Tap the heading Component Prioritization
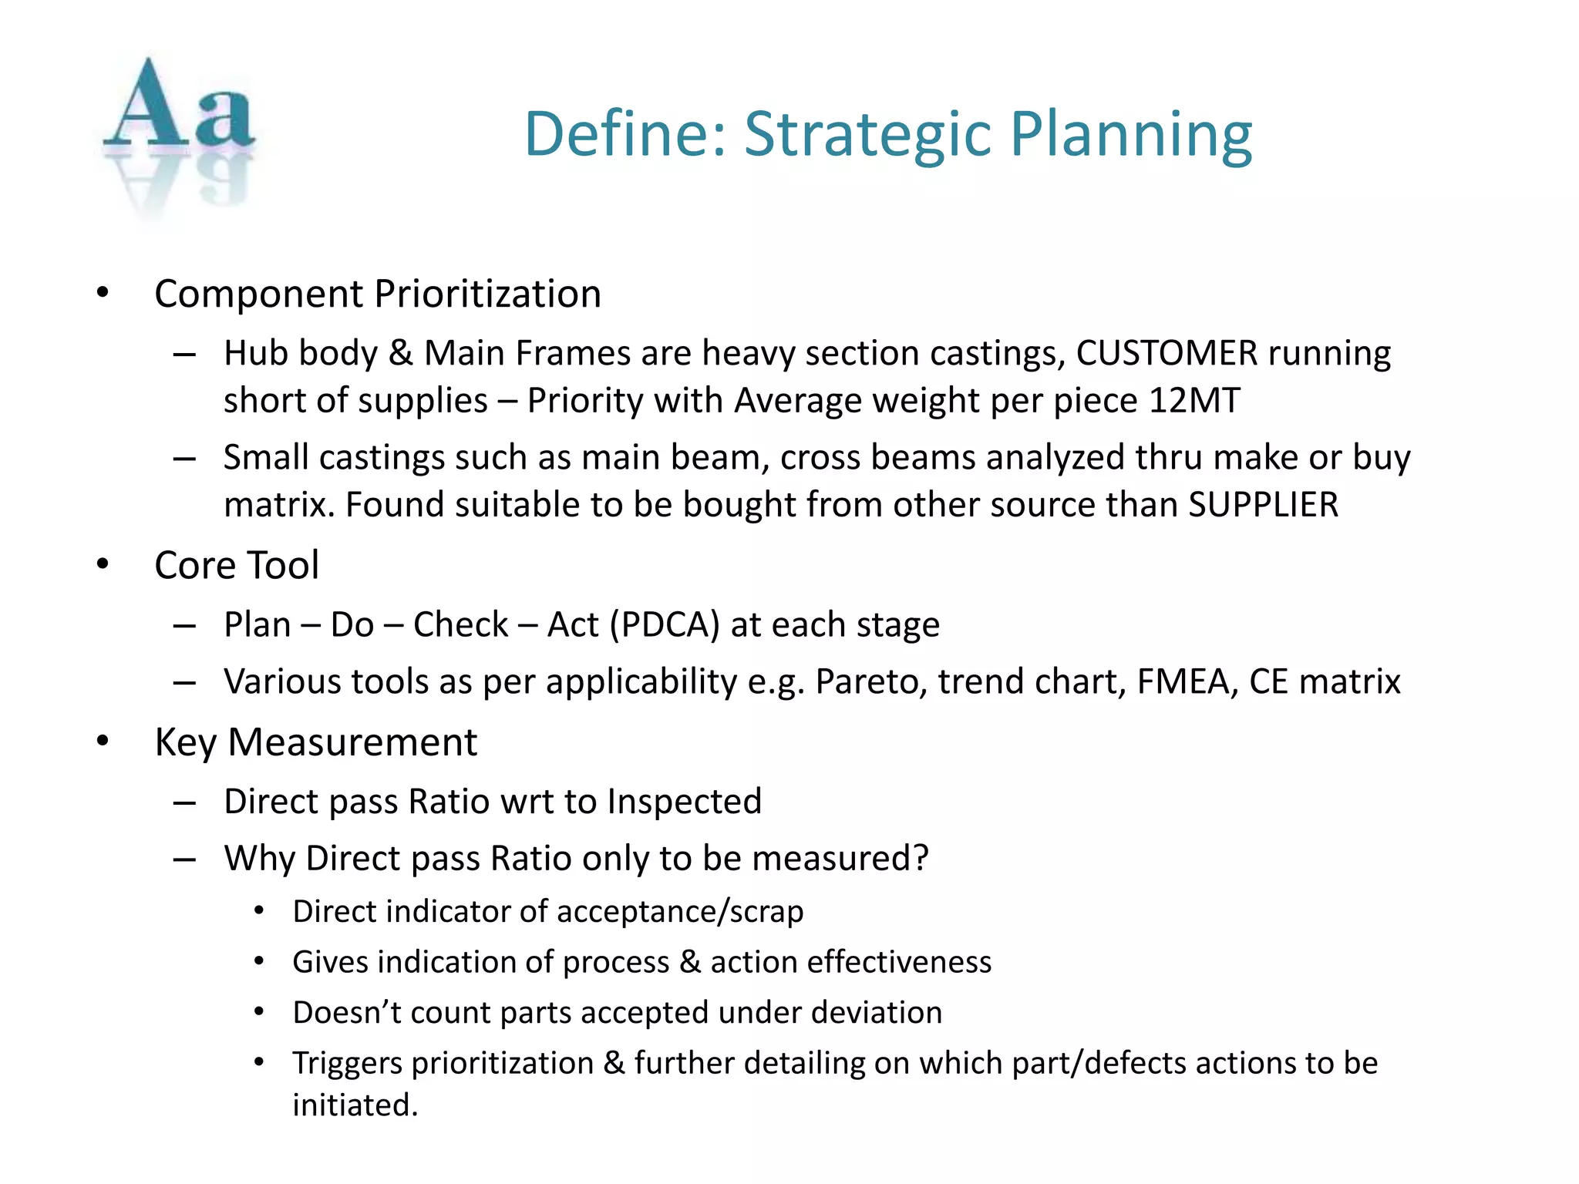pos(378,294)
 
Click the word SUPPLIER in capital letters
pos(1263,505)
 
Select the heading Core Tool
pos(237,565)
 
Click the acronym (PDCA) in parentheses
pos(664,624)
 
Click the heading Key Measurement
pos(316,742)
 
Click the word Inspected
pos(684,802)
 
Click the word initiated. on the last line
pos(355,1105)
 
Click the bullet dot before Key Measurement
pos(103,742)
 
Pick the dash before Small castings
pos(184,459)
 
